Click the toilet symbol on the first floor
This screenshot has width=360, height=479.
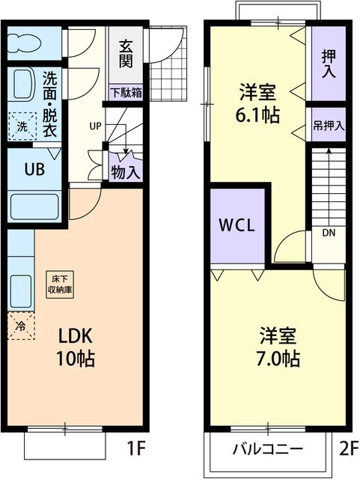pos(25,43)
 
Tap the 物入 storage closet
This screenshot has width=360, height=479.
pos(124,170)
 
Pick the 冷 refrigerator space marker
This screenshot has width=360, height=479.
pos(21,326)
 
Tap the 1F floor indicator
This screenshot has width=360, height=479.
pos(135,451)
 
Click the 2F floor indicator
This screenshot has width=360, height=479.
pos(347,451)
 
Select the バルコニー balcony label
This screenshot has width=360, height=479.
pos(267,450)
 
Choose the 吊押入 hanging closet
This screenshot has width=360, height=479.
pos(328,126)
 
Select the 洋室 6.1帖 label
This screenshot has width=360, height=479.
pos(258,105)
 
